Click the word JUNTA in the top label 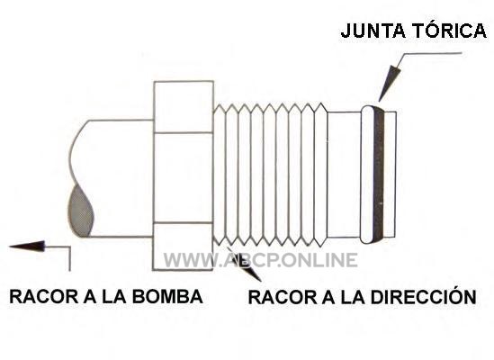(x=373, y=31)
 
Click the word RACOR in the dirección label (x=283, y=297)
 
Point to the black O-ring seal (x=379, y=175)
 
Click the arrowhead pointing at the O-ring (x=389, y=83)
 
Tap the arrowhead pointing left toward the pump (x=27, y=247)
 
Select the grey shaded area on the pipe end (x=81, y=211)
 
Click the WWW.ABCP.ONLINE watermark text (x=261, y=260)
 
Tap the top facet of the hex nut (x=184, y=106)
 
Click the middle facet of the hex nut (x=184, y=177)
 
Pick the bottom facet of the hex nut (x=184, y=247)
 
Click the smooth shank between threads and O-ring (x=344, y=175)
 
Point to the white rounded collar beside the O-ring (x=367, y=175)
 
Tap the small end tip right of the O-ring (x=391, y=175)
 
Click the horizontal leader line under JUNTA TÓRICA (x=433, y=53)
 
